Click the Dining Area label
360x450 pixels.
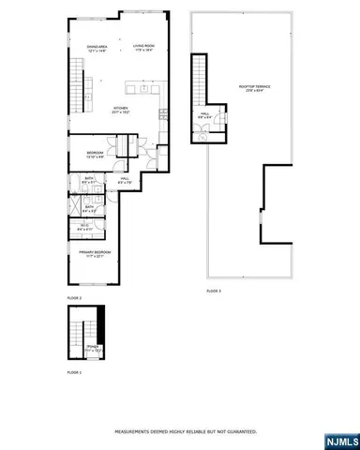[95, 48]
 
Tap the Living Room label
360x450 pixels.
[142, 48]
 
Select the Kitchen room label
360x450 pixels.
[120, 110]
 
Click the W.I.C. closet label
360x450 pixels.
[83, 226]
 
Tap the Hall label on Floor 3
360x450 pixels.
[206, 117]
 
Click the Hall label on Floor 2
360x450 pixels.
[126, 179]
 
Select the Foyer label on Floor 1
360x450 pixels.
[93, 347]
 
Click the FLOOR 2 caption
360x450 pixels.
[74, 298]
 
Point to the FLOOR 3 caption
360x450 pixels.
[214, 292]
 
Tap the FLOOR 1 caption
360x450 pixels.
[74, 373]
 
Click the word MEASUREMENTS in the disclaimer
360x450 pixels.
[132, 432]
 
